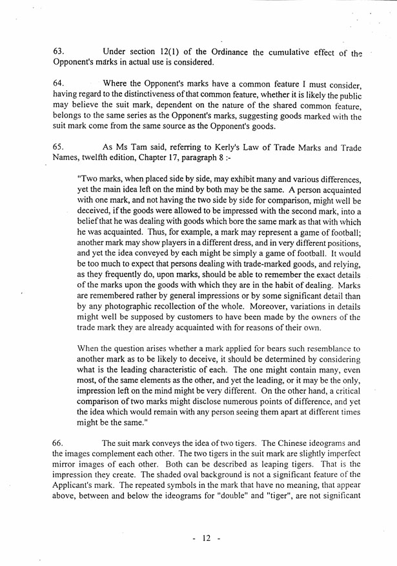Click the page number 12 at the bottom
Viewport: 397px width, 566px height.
207,538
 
